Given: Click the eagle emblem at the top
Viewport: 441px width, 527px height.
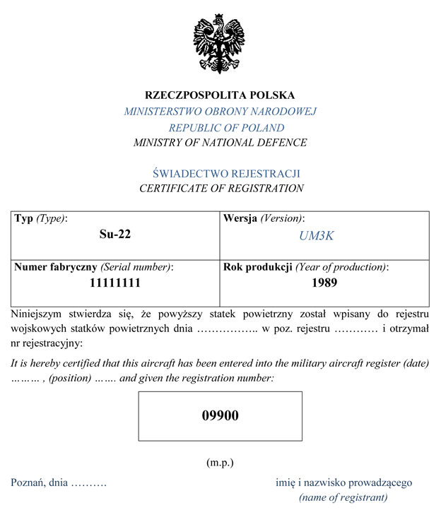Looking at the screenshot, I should tap(219, 44).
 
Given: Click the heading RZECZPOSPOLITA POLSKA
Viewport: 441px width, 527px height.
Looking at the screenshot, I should tap(220, 95).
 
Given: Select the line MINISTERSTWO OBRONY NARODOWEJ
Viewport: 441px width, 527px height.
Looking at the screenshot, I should tap(220, 112).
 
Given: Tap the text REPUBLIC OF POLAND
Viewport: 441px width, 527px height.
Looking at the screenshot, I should tap(226, 128).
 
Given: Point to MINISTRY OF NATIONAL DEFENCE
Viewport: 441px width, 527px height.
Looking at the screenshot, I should tap(220, 143).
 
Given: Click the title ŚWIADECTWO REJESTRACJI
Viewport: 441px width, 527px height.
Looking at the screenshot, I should tap(227, 173).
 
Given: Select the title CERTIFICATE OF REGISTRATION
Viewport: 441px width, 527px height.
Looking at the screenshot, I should tap(221, 189).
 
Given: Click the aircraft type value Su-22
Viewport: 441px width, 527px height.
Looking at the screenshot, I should tap(114, 235).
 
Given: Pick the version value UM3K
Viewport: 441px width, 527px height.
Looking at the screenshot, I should tap(316, 236).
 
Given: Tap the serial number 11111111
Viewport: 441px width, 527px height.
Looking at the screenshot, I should tap(114, 283).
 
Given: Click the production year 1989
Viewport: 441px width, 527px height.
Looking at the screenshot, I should tap(324, 283).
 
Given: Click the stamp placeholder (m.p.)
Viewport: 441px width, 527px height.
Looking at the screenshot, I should tap(220, 463).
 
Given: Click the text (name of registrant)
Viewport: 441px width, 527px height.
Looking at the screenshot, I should tap(343, 498).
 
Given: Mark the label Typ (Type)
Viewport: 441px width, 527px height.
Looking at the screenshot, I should tap(40, 219).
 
